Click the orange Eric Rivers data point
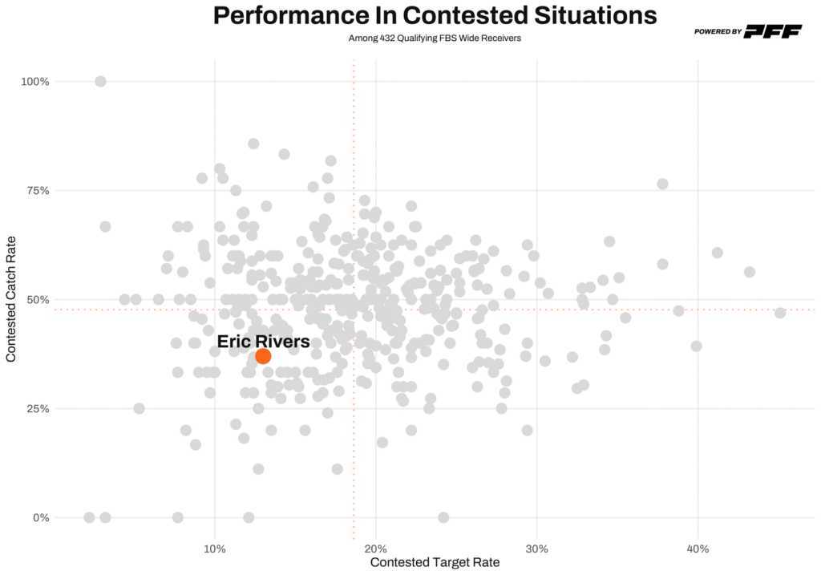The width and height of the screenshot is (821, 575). click(x=263, y=356)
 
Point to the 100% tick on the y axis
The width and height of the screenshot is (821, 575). click(x=36, y=82)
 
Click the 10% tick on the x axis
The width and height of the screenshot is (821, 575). click(x=214, y=549)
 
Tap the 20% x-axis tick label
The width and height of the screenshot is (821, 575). click(x=375, y=549)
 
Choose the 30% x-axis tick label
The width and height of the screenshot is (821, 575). click(x=536, y=549)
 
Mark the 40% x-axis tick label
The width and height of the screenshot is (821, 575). click(x=698, y=549)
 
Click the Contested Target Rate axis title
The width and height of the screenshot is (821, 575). click(x=435, y=563)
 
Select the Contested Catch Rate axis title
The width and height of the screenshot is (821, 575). click(x=12, y=299)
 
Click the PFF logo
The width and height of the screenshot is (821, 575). click(x=773, y=31)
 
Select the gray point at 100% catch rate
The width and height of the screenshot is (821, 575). click(x=100, y=81)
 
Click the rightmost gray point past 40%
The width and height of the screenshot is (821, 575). click(x=780, y=313)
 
